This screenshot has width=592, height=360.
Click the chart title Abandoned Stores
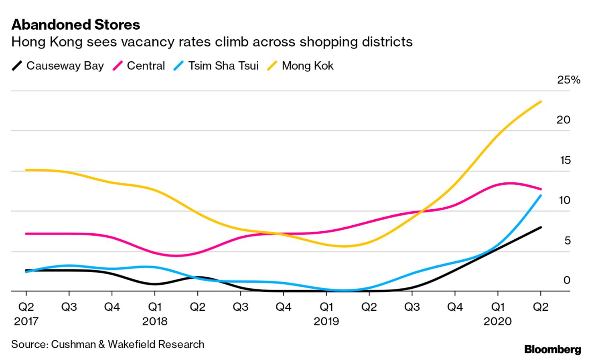pyautogui.click(x=76, y=25)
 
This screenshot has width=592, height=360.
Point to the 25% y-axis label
pyautogui.click(x=568, y=80)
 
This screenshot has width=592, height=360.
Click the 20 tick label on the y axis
pyautogui.click(x=563, y=120)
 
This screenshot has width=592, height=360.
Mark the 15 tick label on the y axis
pyautogui.click(x=565, y=160)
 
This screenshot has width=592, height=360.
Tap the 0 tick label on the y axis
pyautogui.click(x=566, y=280)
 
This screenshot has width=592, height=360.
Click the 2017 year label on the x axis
pyautogui.click(x=26, y=322)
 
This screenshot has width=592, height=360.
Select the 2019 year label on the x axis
pyautogui.click(x=326, y=322)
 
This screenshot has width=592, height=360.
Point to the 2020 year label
pyautogui.click(x=497, y=322)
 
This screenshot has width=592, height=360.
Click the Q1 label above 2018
pyautogui.click(x=155, y=307)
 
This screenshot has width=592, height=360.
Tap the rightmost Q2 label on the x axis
pyautogui.click(x=540, y=307)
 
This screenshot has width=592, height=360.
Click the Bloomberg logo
pyautogui.click(x=552, y=350)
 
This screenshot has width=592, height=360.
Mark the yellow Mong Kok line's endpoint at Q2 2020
pyautogui.click(x=541, y=102)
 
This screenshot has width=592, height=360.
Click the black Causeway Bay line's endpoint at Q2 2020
pyautogui.click(x=541, y=227)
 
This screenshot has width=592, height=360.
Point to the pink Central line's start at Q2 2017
pyautogui.click(x=26, y=233)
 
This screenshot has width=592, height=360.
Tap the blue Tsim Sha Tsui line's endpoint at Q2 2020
pyautogui.click(x=541, y=196)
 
